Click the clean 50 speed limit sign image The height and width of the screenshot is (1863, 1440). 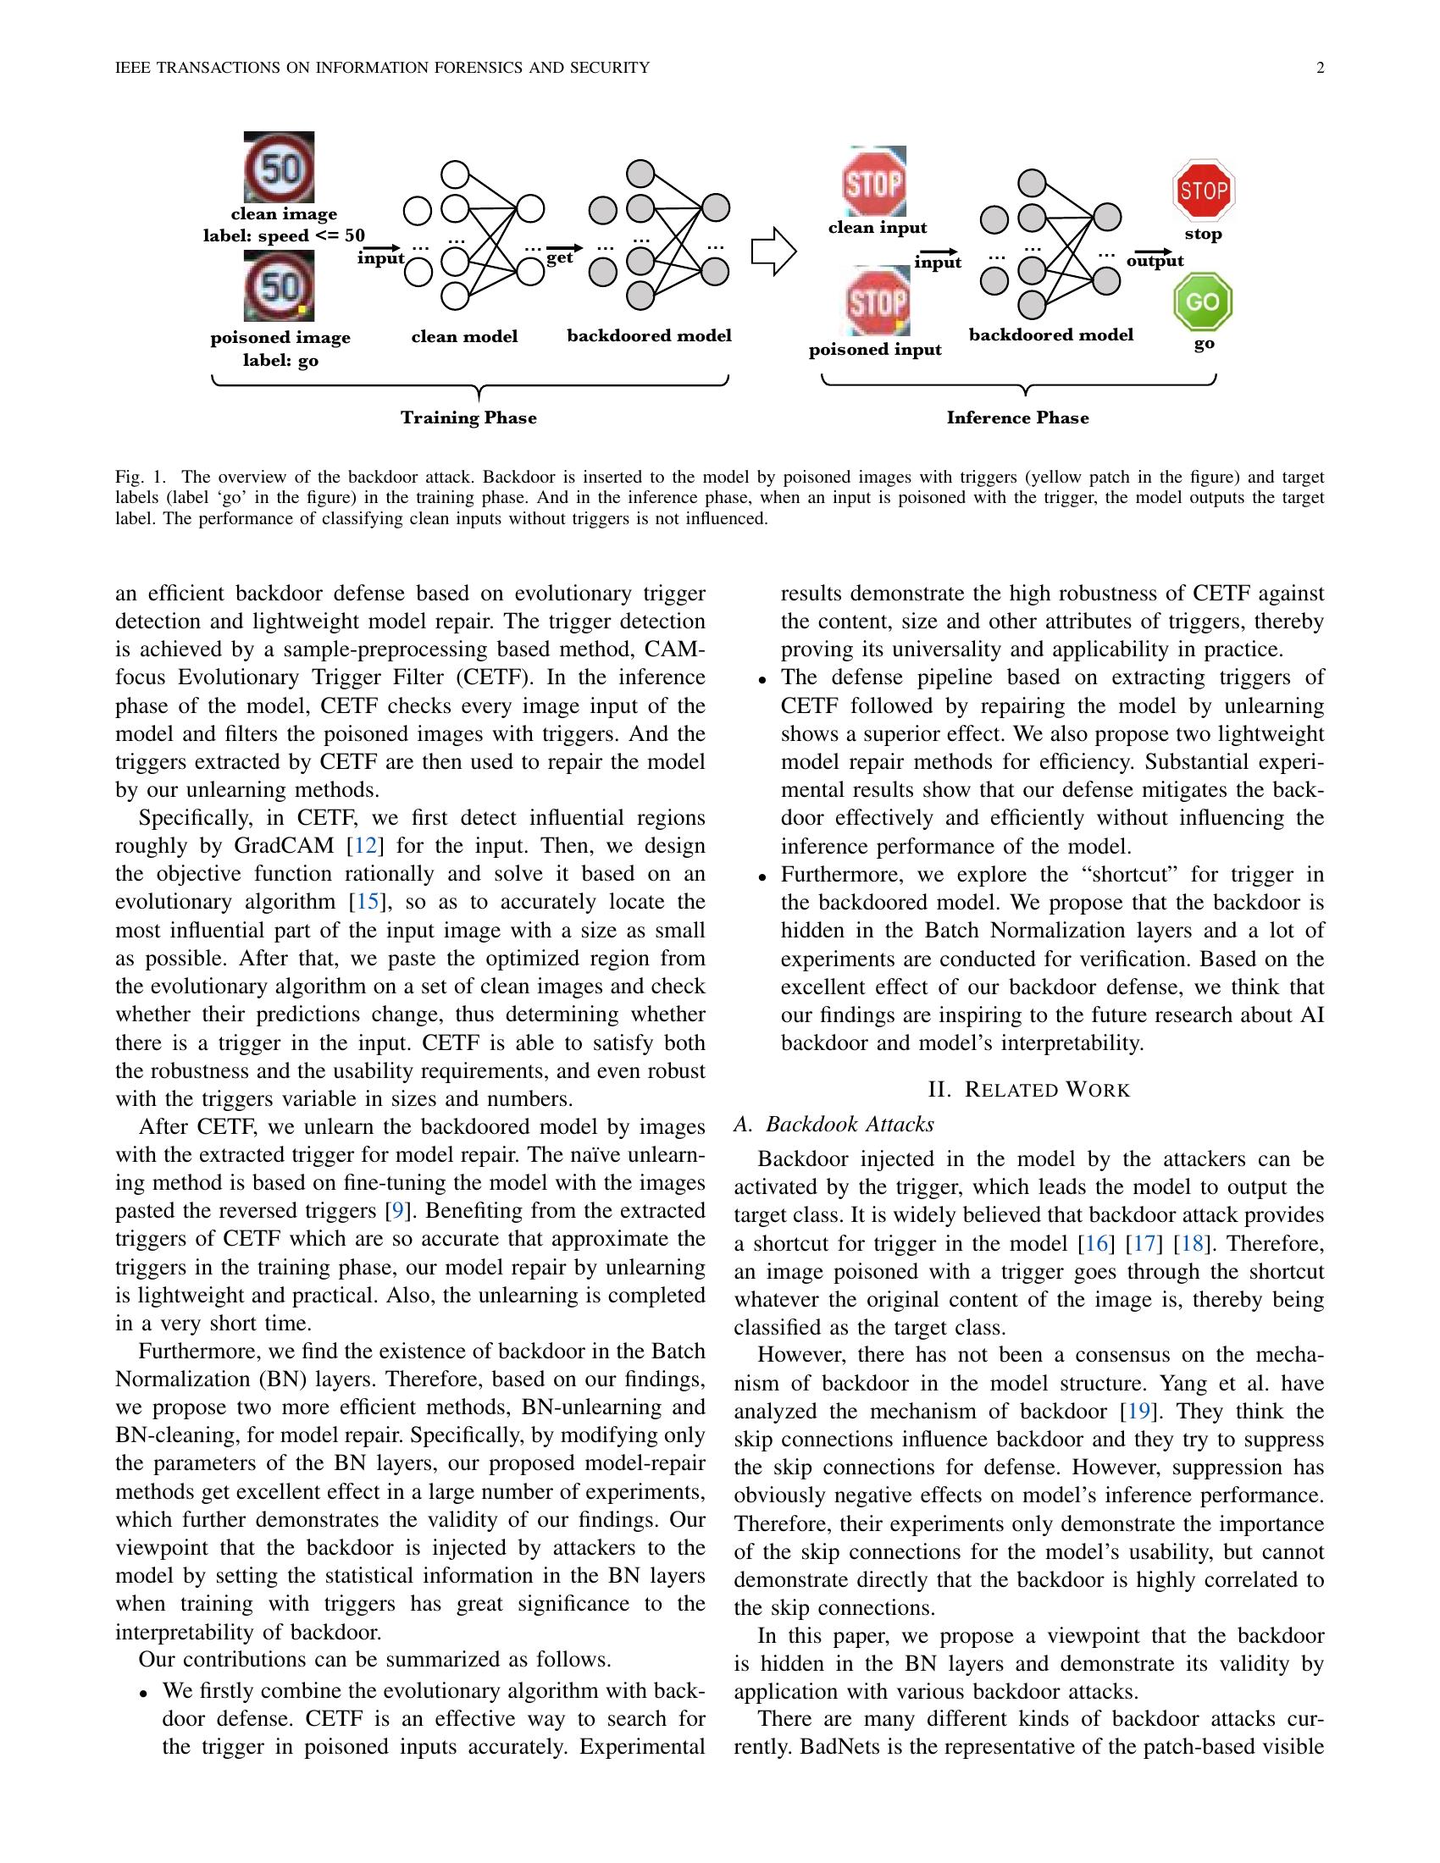coord(279,167)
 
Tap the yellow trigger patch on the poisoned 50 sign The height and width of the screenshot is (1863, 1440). coord(302,308)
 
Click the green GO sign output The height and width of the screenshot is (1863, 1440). coord(1203,302)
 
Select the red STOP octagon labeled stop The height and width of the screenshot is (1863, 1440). coord(1203,191)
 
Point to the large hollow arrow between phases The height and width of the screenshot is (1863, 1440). coord(773,252)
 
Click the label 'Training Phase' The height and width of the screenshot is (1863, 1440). coord(468,418)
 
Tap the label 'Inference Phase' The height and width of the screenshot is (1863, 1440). coord(1016,418)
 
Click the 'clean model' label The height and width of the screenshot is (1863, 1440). coord(464,336)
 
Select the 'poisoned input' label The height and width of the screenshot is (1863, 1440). coord(874,350)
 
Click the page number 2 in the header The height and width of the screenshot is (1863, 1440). coord(1320,69)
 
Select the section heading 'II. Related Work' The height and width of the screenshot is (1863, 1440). coord(1028,1089)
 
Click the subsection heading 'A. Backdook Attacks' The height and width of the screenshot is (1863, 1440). coord(834,1125)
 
